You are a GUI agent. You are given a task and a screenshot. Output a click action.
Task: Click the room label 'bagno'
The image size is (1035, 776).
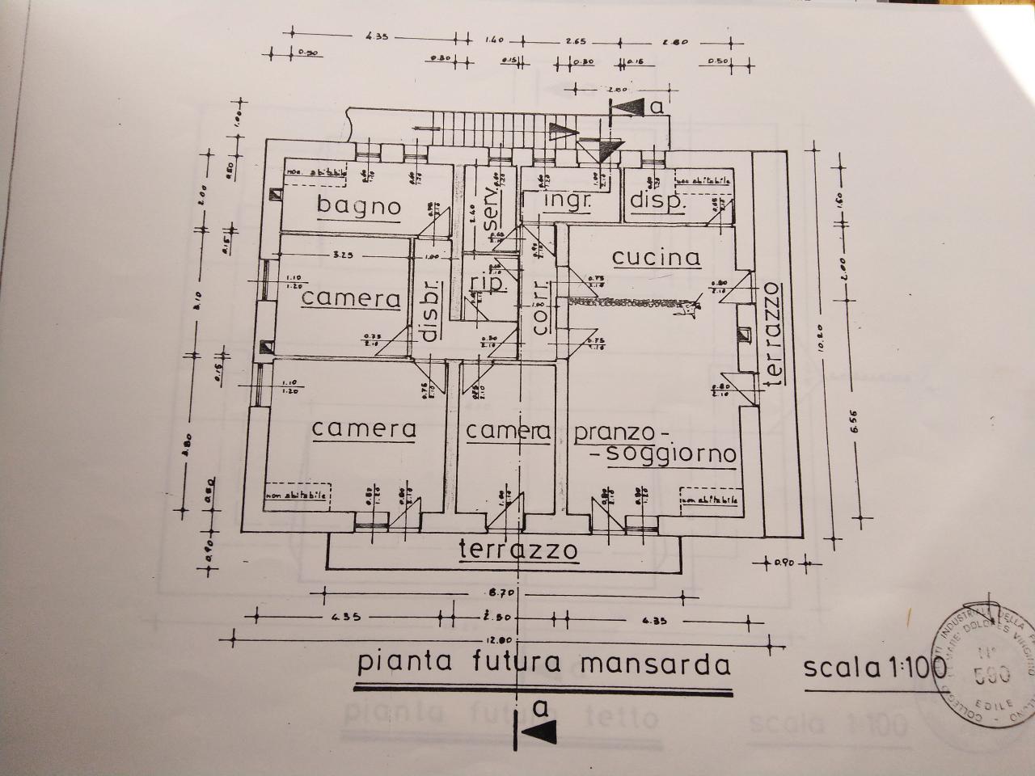358,205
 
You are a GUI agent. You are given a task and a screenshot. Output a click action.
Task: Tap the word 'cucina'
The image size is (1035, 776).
656,257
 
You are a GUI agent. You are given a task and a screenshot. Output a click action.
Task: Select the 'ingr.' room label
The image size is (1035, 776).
567,200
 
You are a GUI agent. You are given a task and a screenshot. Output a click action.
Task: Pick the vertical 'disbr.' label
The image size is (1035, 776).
430,310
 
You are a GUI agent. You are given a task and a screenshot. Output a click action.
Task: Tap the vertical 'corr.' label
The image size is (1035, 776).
540,307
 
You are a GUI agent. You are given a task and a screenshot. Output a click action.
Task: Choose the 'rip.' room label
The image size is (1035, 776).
488,284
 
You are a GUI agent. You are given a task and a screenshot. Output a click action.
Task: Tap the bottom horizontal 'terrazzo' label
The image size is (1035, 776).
519,550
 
